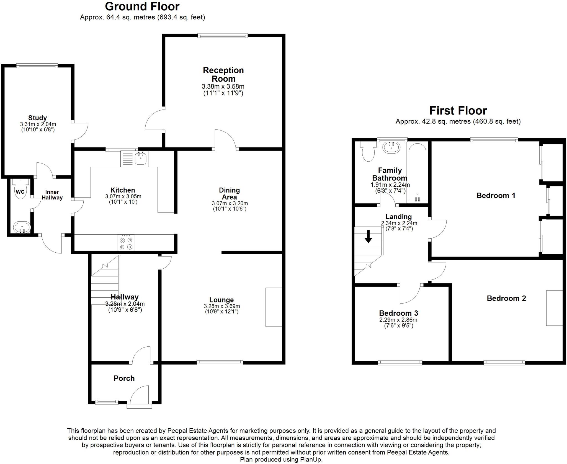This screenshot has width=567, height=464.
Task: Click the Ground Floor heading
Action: [142, 6]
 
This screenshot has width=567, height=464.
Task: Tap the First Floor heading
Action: [458, 111]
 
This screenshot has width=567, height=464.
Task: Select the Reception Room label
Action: [223, 74]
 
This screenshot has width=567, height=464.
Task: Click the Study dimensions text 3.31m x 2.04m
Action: [38, 125]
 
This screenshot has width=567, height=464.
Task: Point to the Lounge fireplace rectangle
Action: [274, 307]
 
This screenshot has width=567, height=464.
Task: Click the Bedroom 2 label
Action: [506, 298]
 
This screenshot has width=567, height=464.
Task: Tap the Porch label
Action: [124, 378]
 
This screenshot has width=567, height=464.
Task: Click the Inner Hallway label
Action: [52, 195]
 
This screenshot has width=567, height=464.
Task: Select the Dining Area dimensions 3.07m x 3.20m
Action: [230, 203]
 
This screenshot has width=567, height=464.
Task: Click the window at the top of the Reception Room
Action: [223, 35]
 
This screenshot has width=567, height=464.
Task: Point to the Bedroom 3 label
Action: [398, 313]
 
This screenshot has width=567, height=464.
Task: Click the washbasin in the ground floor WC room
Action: [21, 228]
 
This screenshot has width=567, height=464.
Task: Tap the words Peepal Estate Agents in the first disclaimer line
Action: [198, 431]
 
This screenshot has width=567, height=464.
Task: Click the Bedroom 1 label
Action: [496, 196]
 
